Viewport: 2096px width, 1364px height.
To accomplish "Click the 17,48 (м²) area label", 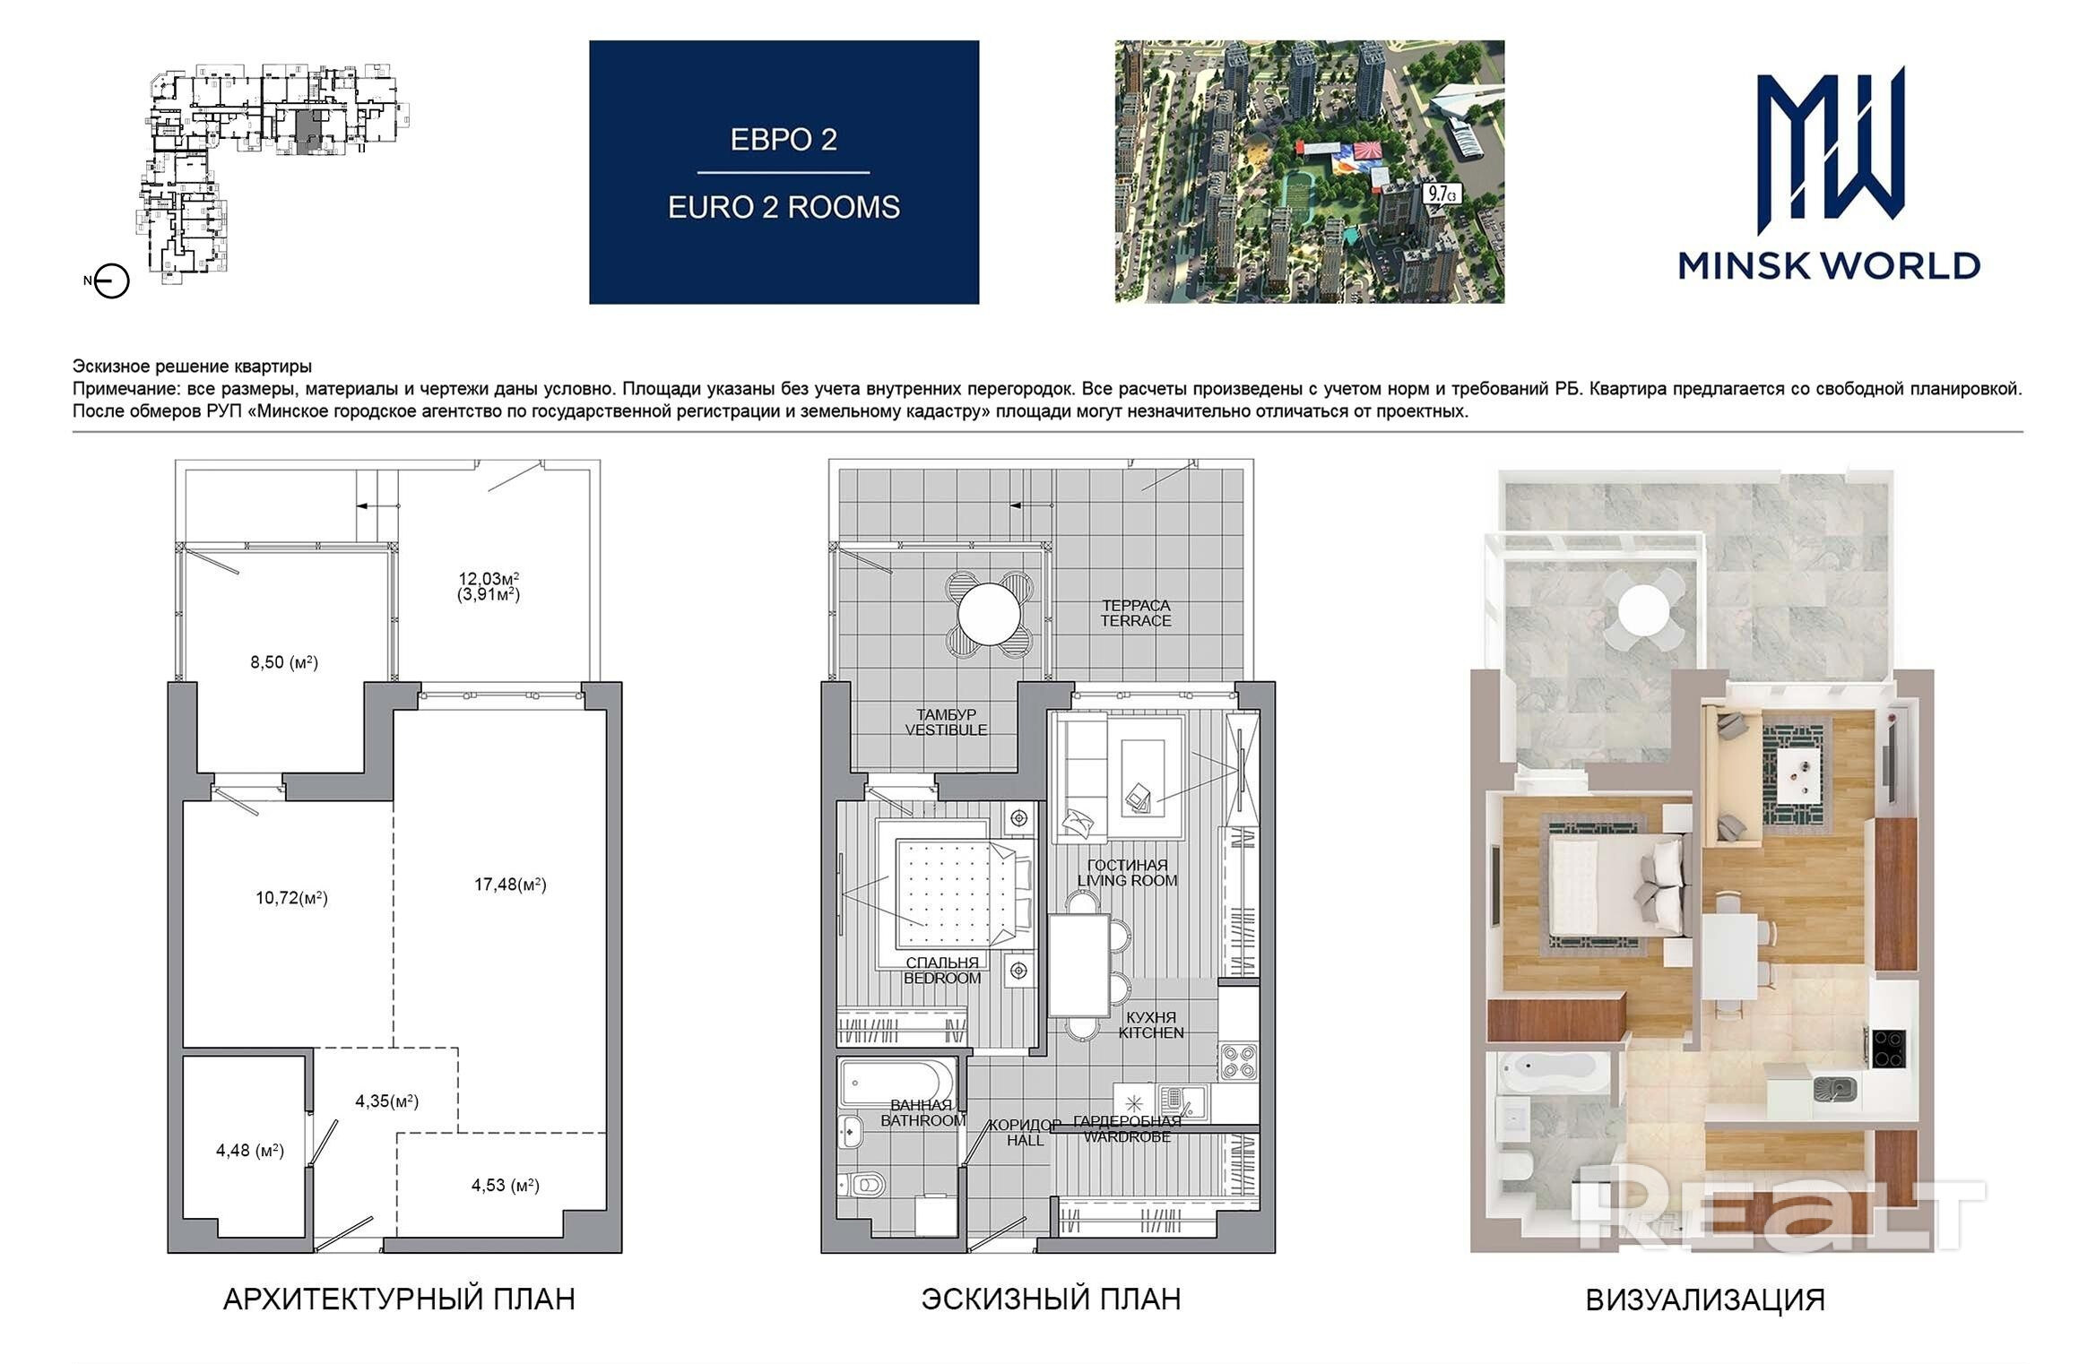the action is pyautogui.click(x=510, y=885).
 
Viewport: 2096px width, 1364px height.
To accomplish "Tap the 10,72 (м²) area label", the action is pyautogui.click(x=291, y=897).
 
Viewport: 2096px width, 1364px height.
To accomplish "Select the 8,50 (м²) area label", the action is pyautogui.click(x=284, y=662).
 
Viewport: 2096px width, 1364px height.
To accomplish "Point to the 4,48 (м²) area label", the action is pyautogui.click(x=250, y=1150).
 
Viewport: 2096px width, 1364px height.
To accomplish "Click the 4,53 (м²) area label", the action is pyautogui.click(x=506, y=1186).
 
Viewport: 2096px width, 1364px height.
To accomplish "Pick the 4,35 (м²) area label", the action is pyautogui.click(x=387, y=1101).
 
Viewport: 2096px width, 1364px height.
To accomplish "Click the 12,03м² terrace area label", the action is pyautogui.click(x=489, y=579).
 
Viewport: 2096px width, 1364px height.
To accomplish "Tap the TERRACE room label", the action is pyautogui.click(x=1136, y=620).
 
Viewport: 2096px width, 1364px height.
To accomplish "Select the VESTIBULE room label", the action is pyautogui.click(x=946, y=729).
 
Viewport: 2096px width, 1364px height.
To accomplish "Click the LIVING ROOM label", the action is pyautogui.click(x=1128, y=880).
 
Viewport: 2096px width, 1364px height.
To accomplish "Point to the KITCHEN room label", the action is pyautogui.click(x=1151, y=1032).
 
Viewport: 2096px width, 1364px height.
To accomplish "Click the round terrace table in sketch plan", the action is pyautogui.click(x=989, y=615).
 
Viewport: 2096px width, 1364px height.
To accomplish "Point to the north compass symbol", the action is pyautogui.click(x=111, y=281).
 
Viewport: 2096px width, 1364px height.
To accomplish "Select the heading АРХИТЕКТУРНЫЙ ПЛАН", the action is pyautogui.click(x=399, y=1299).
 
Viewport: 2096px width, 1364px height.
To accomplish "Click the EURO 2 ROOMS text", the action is pyautogui.click(x=784, y=208).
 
